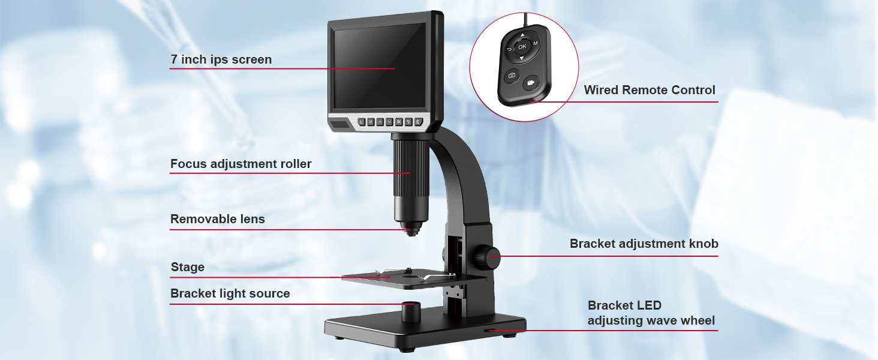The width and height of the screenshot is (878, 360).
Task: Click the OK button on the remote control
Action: click(x=522, y=46)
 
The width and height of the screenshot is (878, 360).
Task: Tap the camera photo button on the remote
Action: click(x=512, y=76)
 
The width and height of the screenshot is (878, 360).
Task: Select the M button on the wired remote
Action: click(x=535, y=43)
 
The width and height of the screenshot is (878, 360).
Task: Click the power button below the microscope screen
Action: click(x=361, y=122)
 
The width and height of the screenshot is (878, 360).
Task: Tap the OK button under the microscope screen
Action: click(x=398, y=122)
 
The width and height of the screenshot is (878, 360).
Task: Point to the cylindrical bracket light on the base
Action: click(x=410, y=311)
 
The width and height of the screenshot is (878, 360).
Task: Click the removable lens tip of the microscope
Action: click(x=410, y=230)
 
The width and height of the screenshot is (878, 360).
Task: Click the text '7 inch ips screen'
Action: click(x=221, y=59)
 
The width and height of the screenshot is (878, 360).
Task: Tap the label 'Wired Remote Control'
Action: click(x=650, y=90)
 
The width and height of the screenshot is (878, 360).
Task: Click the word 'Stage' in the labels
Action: click(x=188, y=268)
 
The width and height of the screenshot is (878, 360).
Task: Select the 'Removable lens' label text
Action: click(x=217, y=219)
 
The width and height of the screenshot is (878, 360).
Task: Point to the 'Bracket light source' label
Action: click(x=230, y=293)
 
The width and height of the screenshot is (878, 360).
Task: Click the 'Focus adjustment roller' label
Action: click(x=240, y=164)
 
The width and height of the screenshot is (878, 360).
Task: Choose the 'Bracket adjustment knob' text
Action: click(x=644, y=244)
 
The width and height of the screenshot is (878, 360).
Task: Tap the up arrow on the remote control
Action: click(x=522, y=35)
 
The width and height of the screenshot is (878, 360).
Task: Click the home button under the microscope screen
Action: click(x=418, y=122)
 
